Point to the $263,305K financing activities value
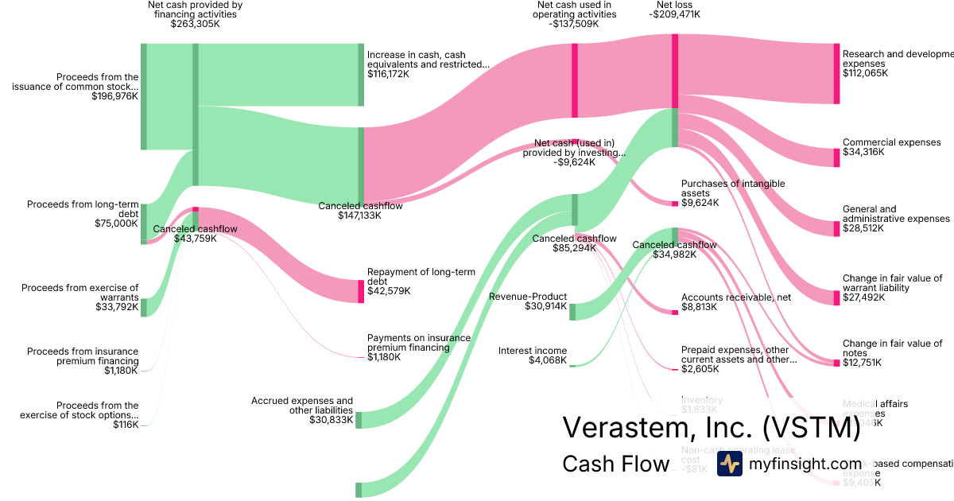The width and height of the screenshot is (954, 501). (x=195, y=24)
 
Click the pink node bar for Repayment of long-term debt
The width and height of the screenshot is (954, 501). (x=360, y=291)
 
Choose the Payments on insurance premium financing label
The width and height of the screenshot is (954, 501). (x=418, y=343)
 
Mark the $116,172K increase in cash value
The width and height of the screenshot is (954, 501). (x=388, y=74)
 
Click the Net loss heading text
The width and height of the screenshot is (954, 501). (x=669, y=5)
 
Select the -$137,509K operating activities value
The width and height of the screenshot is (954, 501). (x=573, y=24)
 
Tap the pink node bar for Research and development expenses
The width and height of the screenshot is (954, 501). (x=836, y=73)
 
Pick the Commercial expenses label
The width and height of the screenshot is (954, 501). (x=891, y=142)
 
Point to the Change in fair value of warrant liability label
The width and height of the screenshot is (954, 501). (x=892, y=283)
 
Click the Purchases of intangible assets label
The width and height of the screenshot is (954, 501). (x=732, y=188)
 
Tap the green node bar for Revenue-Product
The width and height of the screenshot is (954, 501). (x=572, y=311)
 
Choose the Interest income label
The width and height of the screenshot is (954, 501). (x=532, y=351)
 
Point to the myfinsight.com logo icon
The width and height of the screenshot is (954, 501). (x=730, y=464)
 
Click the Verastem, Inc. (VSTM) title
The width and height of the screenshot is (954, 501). (x=711, y=428)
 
